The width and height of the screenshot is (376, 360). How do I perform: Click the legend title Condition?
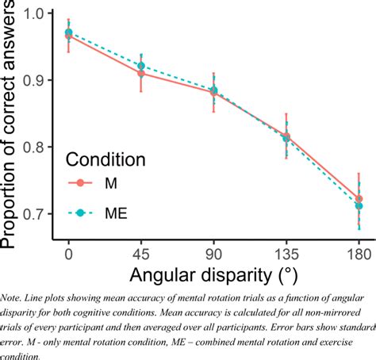point(106,159)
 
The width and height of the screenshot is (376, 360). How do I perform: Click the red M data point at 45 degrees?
point(141,73)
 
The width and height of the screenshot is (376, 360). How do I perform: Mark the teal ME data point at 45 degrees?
point(141,66)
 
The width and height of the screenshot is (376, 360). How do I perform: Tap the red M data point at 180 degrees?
point(359,198)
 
